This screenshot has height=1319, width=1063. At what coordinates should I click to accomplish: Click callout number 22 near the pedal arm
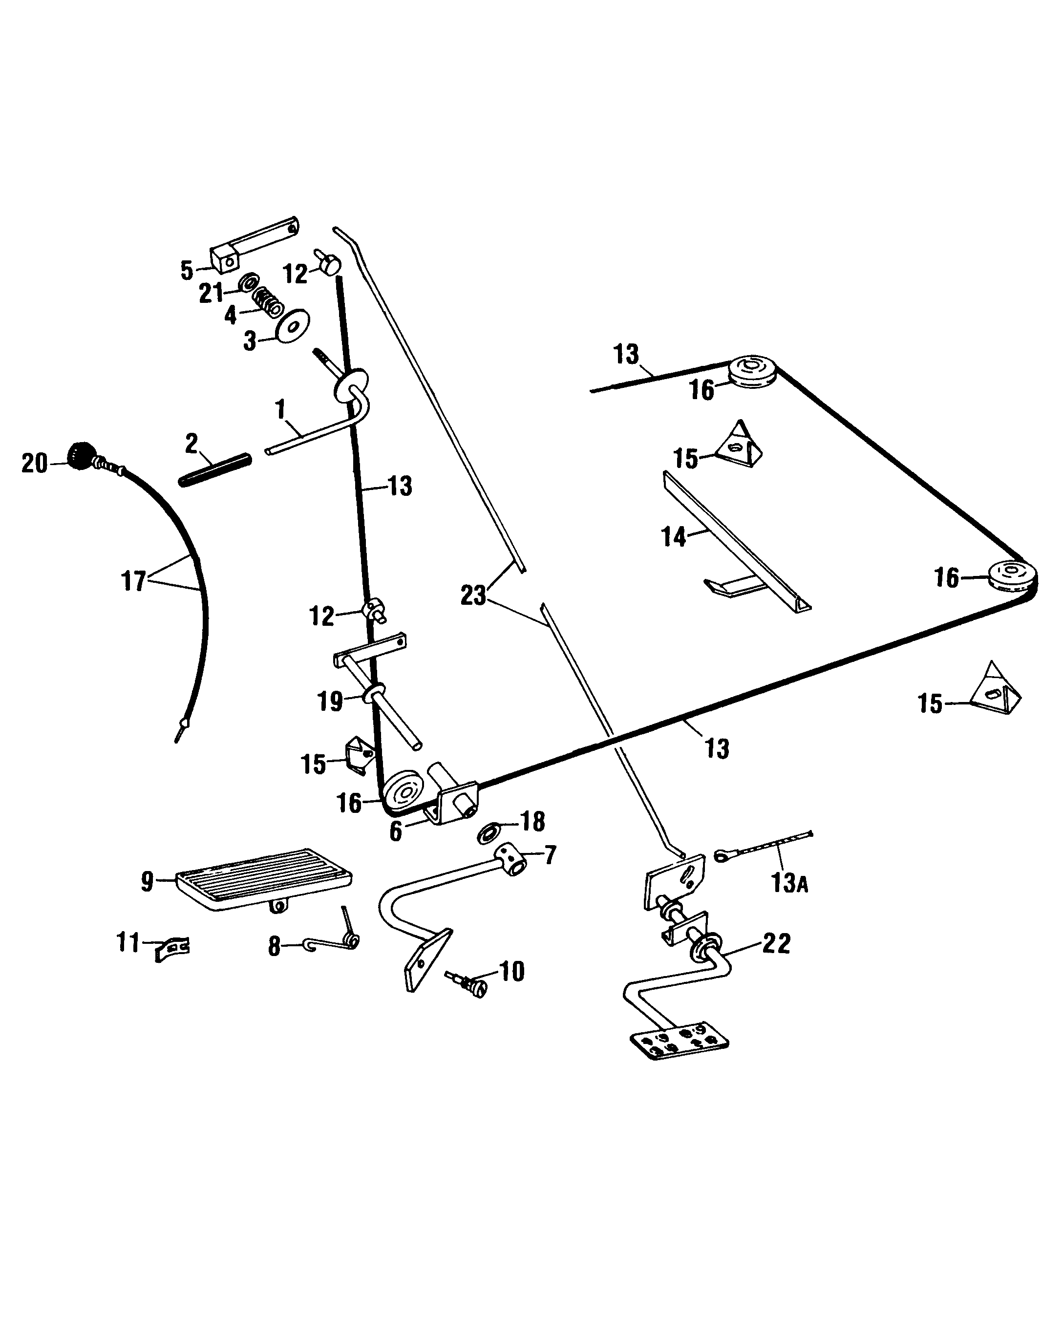pos(776,943)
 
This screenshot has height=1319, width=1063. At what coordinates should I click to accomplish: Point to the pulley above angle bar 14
pos(752,371)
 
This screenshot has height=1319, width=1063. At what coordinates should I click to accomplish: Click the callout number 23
pos(473,595)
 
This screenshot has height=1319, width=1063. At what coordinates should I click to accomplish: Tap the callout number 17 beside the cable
pos(133,580)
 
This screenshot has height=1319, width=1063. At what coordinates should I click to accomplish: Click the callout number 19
pos(330,701)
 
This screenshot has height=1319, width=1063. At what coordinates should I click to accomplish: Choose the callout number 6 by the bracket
pos(396,831)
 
